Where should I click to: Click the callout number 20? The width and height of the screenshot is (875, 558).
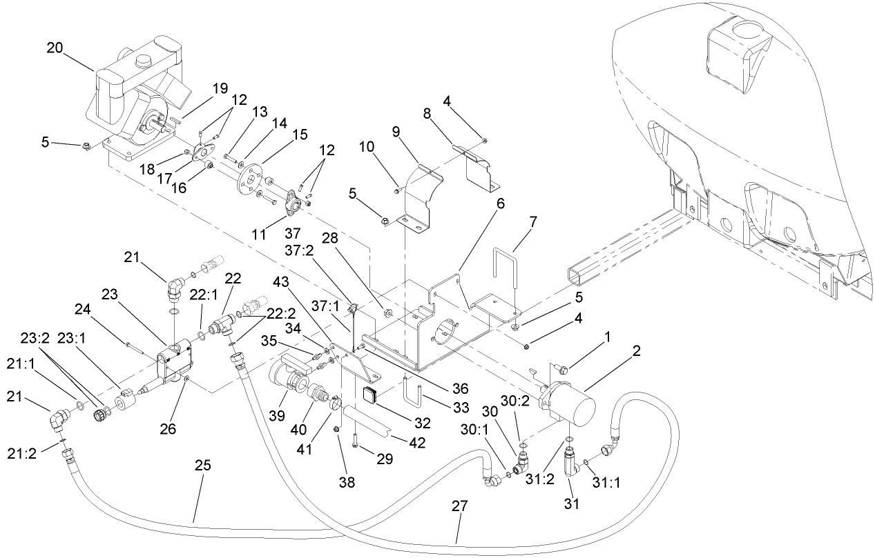[55, 48]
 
